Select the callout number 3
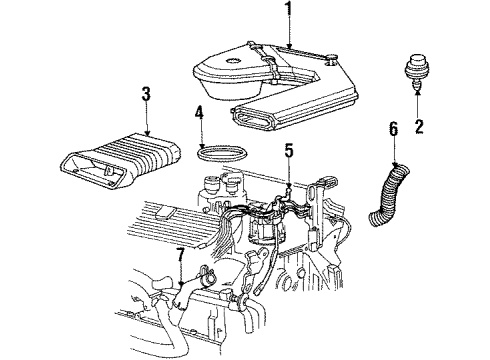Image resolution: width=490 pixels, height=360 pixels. (x=146, y=94)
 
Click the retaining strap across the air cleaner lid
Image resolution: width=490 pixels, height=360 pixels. (x=280, y=75)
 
